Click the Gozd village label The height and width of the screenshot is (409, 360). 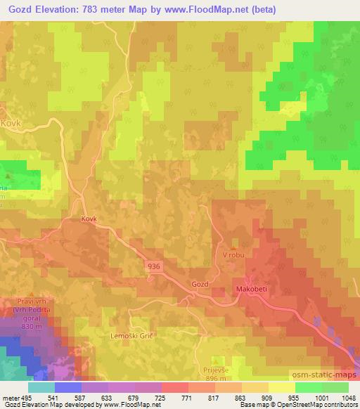point(200,284)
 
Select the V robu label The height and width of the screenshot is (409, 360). point(233,254)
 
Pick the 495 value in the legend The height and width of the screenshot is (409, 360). point(27,397)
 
